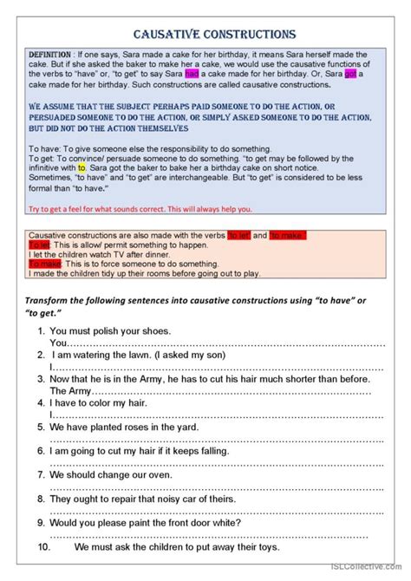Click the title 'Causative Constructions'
(213, 35)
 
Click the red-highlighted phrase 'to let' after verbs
(239, 236)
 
